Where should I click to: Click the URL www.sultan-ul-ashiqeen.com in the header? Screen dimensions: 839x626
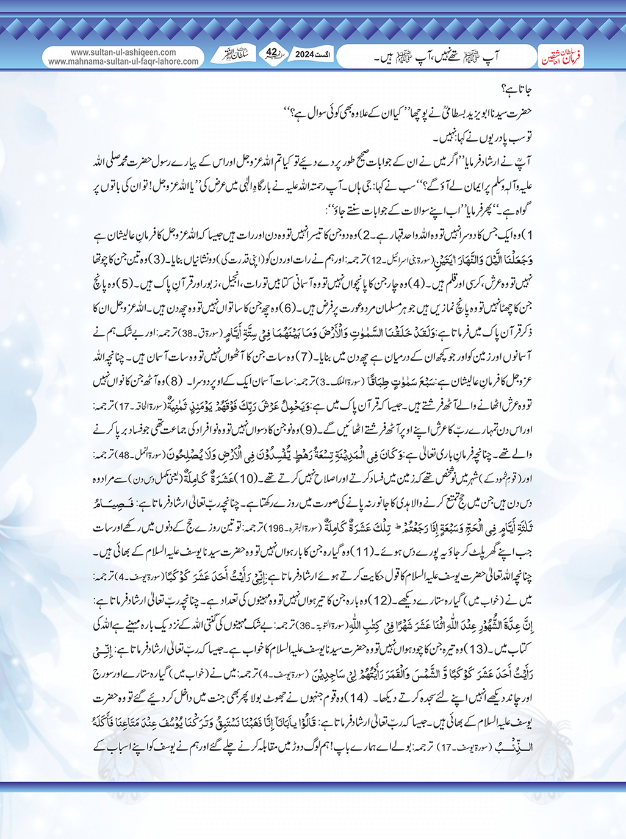123,52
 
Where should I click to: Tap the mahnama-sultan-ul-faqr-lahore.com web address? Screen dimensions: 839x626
123,62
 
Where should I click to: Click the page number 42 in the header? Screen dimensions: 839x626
272,54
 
